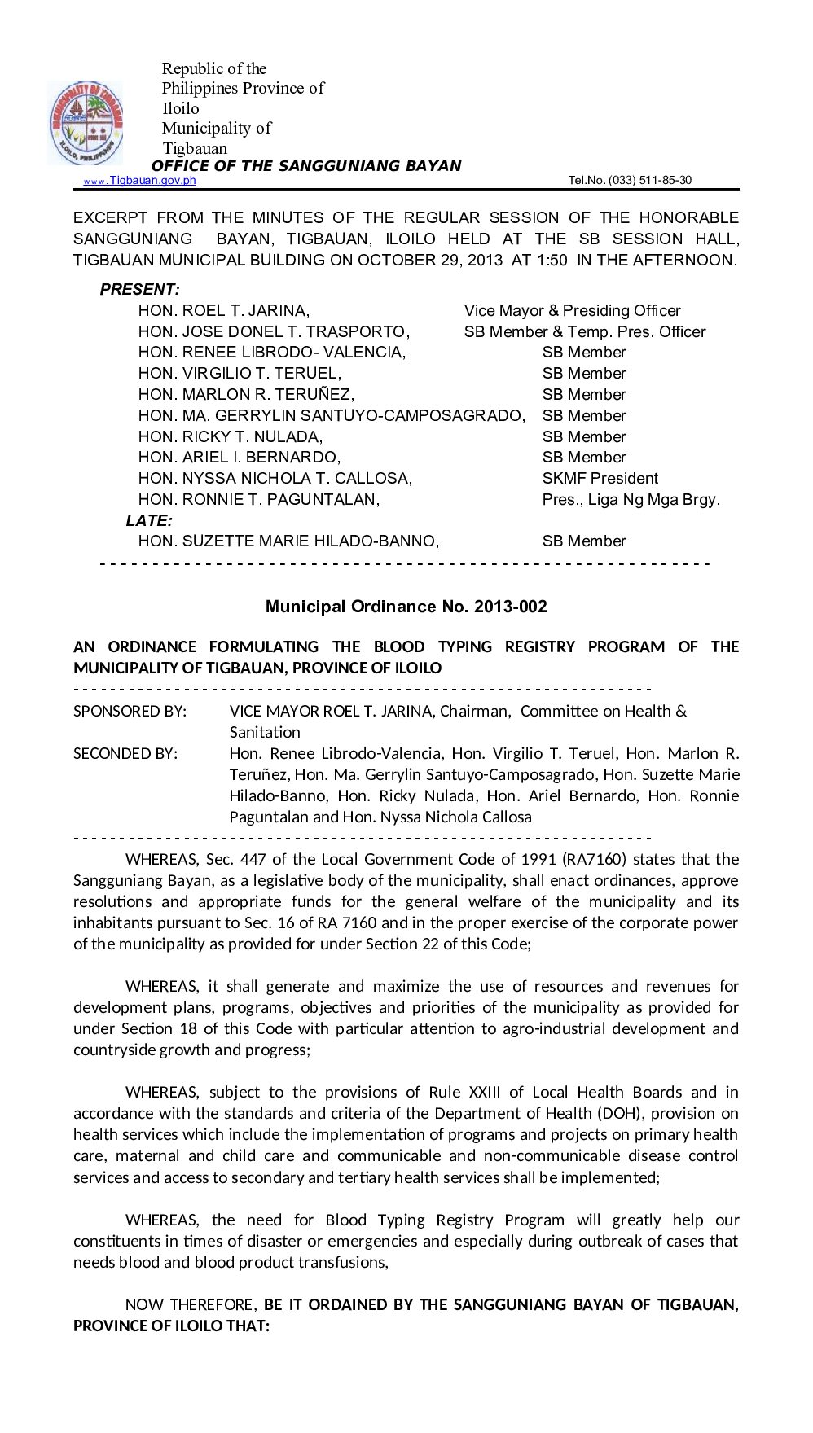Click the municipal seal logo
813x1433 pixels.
pos(85,123)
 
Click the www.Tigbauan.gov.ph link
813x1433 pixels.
pos(139,181)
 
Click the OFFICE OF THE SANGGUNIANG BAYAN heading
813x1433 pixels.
pos(306,166)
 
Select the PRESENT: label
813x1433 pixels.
pos(139,290)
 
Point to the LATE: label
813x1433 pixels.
pos(149,520)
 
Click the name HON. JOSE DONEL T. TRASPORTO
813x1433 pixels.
pos(274,332)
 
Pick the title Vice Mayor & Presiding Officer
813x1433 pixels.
pos(572,311)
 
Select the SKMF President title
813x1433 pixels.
pos(600,479)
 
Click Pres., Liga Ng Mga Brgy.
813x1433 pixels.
pos(631,500)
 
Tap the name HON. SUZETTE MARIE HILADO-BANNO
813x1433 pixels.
pos(288,541)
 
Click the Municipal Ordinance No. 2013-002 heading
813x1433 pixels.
pos(406,607)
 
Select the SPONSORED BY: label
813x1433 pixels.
pos(130,712)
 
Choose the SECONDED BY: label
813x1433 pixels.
pos(125,754)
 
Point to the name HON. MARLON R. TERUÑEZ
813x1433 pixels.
pos(246,395)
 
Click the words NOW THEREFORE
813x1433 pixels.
pos(191,1304)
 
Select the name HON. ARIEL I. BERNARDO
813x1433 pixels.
pos(240,458)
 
